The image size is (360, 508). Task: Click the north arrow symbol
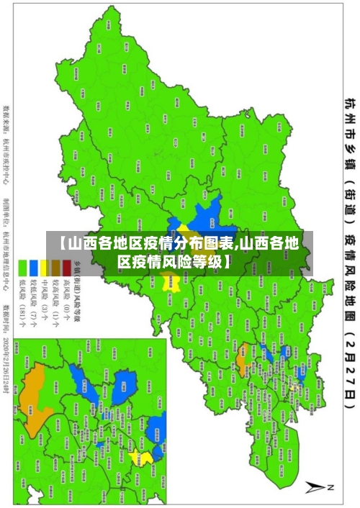[x=317, y=487]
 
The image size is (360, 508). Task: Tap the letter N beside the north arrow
[x=330, y=487]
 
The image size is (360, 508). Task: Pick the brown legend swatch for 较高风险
[x=56, y=263]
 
